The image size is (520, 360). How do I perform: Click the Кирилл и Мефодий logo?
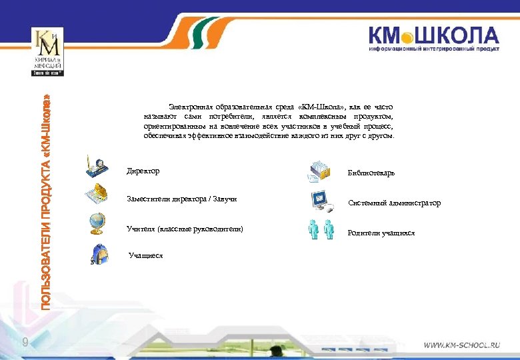click(47, 53)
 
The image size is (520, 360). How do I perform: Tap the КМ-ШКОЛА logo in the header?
click(433, 39)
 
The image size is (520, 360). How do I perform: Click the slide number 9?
click(25, 343)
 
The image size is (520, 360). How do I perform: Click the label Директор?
click(143, 171)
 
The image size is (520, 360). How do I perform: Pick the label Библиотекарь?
click(371, 173)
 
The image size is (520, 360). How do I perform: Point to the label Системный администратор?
click(394, 203)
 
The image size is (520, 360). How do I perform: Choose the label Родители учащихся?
click(381, 233)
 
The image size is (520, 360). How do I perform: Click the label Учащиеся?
click(146, 255)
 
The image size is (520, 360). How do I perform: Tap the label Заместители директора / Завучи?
click(181, 199)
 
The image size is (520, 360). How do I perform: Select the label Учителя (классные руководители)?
click(185, 229)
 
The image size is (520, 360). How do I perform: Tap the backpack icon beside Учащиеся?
click(99, 253)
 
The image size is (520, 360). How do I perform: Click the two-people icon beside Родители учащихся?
click(321, 229)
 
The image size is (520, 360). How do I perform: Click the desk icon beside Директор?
click(98, 165)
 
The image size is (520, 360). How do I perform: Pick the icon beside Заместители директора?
click(97, 194)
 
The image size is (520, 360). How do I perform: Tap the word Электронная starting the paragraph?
click(190, 107)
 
